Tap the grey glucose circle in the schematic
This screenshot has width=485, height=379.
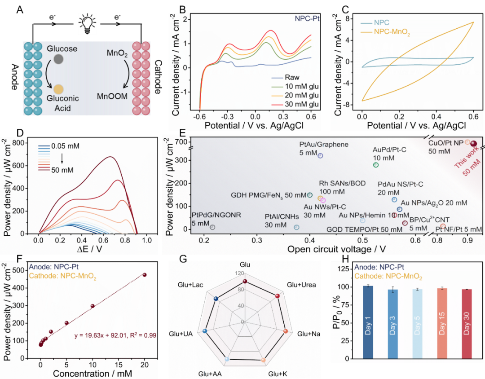tap(59, 59)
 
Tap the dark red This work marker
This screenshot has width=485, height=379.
tap(473, 143)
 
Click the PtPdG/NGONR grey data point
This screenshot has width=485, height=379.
tap(212, 227)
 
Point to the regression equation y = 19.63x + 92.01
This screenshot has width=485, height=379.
tap(115, 335)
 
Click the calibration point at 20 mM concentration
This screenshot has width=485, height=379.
tap(145, 274)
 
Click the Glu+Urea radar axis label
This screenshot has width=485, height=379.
tap(301, 285)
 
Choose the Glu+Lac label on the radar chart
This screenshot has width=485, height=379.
tap(189, 285)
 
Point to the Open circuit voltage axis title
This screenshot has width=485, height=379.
tap(336, 249)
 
